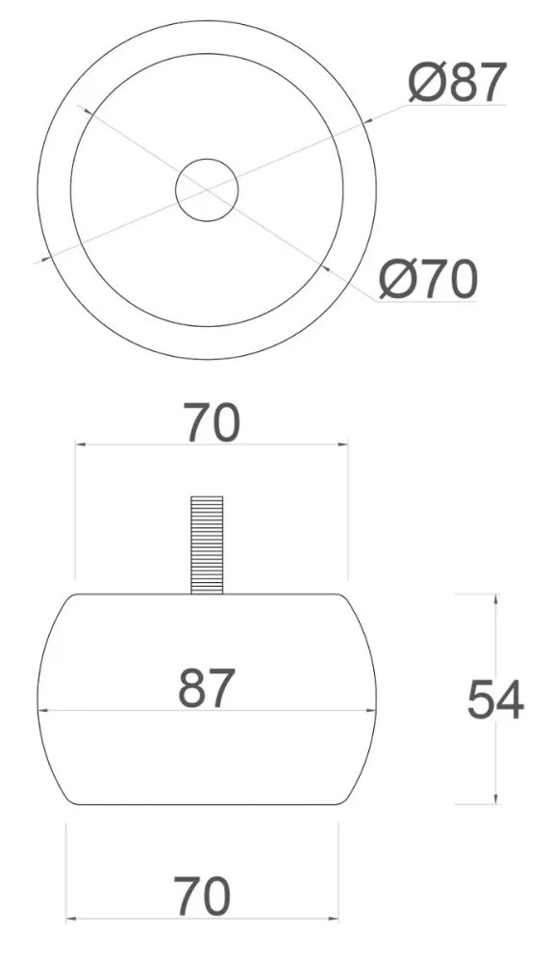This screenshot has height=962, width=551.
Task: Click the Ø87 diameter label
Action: click(x=457, y=82)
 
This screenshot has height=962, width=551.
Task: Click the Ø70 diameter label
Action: click(x=427, y=279)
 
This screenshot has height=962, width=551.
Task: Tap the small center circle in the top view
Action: click(x=207, y=190)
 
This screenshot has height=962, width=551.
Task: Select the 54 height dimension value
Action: click(x=495, y=699)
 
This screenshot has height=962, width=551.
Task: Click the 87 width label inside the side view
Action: click(x=207, y=688)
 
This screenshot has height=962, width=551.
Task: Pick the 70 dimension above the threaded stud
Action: click(x=212, y=422)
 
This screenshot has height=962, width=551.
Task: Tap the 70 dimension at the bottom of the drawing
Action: click(x=203, y=897)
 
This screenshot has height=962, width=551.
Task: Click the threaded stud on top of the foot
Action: click(x=207, y=544)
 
